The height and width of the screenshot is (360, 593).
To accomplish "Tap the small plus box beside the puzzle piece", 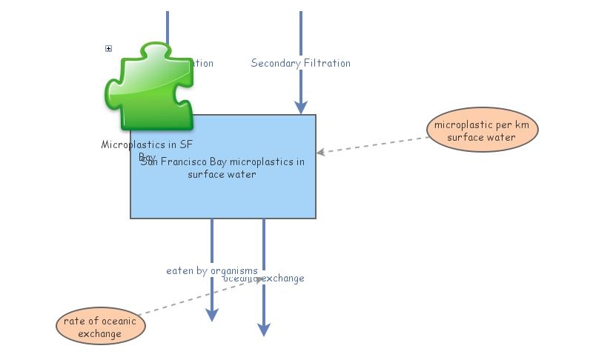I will [108, 49].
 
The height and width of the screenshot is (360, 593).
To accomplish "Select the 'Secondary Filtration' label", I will [300, 63].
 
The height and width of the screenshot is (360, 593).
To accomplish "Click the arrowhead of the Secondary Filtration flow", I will [301, 107].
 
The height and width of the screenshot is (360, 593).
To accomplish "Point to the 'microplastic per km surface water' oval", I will [482, 130].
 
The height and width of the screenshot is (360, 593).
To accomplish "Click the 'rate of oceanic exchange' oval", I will [100, 327].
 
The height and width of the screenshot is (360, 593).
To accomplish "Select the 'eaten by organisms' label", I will [211, 270].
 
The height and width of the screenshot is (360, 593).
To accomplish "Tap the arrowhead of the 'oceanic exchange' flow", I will [264, 330].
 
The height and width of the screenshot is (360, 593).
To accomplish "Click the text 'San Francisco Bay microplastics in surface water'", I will [222, 168].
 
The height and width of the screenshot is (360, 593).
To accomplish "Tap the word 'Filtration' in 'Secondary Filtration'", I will [327, 63].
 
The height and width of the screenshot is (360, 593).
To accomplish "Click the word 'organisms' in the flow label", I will [234, 270].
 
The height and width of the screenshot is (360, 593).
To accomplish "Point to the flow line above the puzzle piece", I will [168, 26].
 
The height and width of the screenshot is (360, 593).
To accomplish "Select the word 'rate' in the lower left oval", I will [73, 321].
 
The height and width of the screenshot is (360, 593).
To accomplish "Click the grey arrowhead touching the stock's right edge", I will [321, 153].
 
